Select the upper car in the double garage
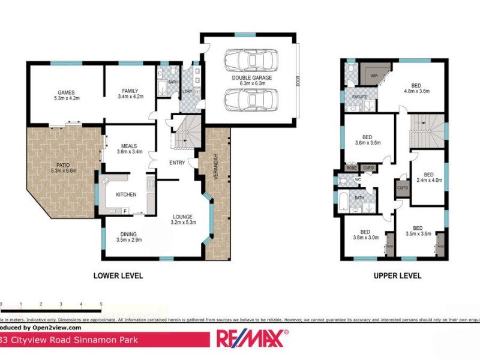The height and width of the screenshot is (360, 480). pyautogui.click(x=251, y=61)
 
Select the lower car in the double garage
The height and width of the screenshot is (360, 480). pyautogui.click(x=251, y=100)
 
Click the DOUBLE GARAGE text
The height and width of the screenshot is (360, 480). pyautogui.click(x=252, y=78)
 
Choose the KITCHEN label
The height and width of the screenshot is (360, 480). pyautogui.click(x=126, y=194)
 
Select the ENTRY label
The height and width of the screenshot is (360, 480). pyautogui.click(x=178, y=163)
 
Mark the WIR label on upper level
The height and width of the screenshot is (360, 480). pyautogui.click(x=374, y=76)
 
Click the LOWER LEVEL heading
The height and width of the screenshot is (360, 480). pyautogui.click(x=118, y=276)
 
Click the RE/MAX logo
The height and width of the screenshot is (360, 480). pyautogui.click(x=252, y=339)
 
